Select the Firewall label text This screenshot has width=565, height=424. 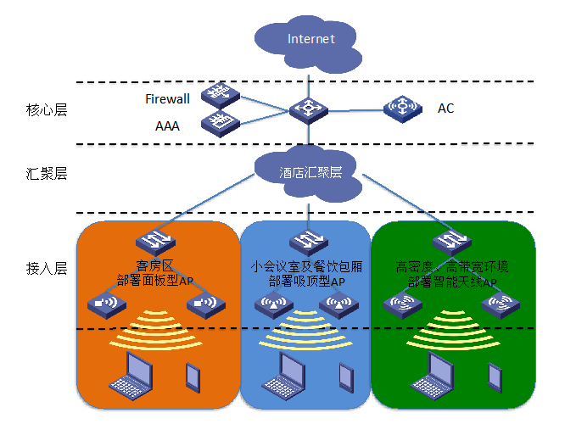(167, 99)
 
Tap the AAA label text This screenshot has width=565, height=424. (166, 126)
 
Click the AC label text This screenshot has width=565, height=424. (445, 109)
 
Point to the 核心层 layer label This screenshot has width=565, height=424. (46, 109)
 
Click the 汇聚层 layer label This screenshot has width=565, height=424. (46, 174)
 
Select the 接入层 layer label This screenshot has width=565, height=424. (46, 268)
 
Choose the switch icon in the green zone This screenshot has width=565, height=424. (450, 243)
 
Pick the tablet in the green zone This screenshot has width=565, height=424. (494, 374)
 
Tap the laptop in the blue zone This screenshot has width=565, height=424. (289, 373)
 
